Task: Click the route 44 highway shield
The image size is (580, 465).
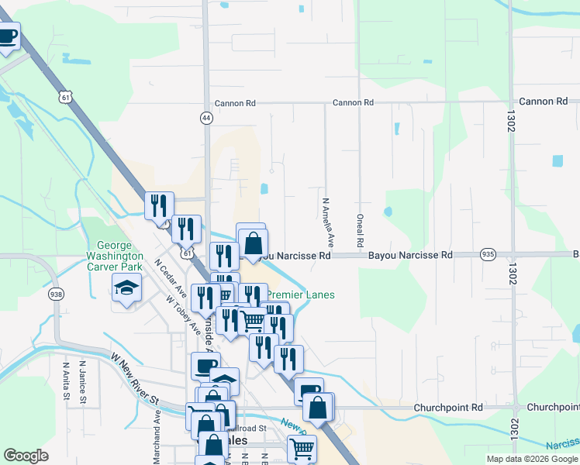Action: (205, 118)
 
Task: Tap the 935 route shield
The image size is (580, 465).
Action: (488, 254)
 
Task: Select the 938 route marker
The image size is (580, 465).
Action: (55, 294)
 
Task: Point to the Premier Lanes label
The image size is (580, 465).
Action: (301, 294)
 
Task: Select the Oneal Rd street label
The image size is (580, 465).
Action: (361, 231)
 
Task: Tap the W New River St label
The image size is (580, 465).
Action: (135, 381)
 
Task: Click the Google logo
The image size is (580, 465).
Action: (26, 456)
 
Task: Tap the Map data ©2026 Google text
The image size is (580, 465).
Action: (533, 459)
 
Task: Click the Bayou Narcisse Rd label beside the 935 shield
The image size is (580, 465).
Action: (409, 255)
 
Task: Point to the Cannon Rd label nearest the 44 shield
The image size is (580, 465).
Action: (235, 103)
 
